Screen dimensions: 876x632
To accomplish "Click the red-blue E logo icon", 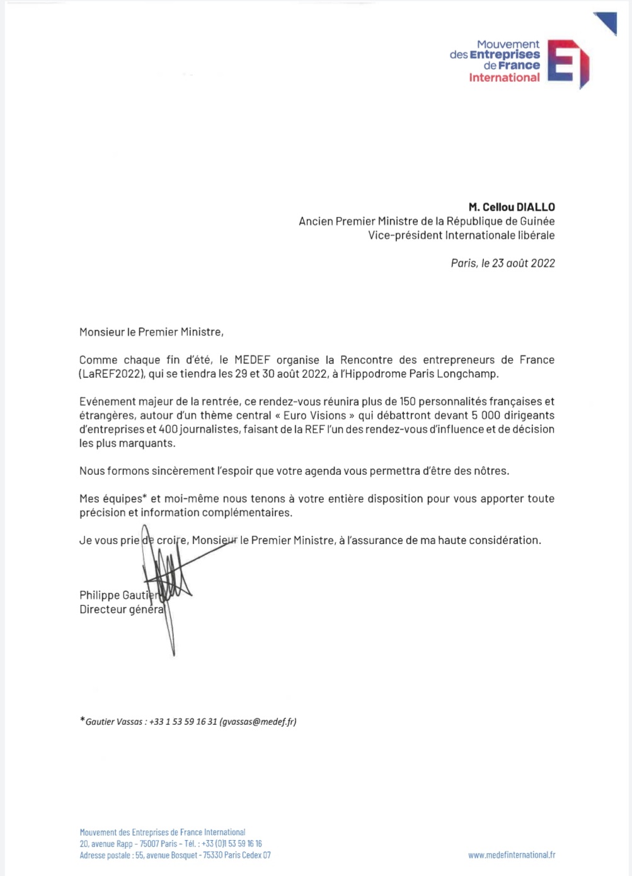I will [x=568, y=63].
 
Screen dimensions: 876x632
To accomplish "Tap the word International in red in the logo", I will [x=504, y=77].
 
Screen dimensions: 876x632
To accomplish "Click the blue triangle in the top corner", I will [x=607, y=22].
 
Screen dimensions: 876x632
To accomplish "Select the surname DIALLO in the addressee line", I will [x=536, y=207].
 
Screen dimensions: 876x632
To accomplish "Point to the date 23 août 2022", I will [x=523, y=263].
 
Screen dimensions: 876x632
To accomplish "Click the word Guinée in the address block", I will [x=537, y=221].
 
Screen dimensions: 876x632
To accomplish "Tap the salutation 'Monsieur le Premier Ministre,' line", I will [x=151, y=332].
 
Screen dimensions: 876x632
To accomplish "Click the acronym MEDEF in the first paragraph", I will [x=252, y=360].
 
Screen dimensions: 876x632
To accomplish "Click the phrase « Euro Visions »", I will [x=315, y=416].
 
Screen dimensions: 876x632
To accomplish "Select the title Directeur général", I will [x=122, y=610].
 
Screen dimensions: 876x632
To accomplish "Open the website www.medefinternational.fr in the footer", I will [x=512, y=855].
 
